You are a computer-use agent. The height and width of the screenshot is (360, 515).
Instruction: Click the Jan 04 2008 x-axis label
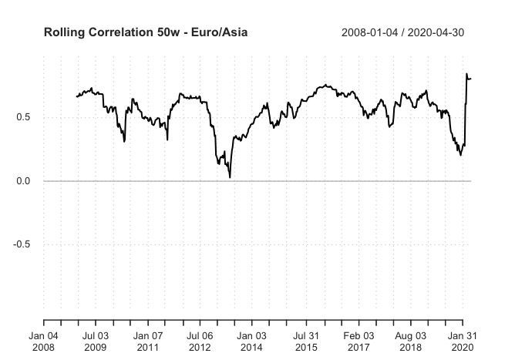point(43,343)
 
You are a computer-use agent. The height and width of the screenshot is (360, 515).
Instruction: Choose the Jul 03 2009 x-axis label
point(96,343)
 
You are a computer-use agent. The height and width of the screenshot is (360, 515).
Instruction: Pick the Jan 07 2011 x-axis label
point(148,343)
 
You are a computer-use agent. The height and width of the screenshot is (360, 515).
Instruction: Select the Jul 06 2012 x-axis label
point(200,343)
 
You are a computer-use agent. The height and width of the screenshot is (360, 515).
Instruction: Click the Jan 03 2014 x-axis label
point(252,343)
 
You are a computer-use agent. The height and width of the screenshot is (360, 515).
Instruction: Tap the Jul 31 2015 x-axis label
point(306,343)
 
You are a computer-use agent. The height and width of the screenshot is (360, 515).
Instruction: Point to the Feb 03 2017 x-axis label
point(358,343)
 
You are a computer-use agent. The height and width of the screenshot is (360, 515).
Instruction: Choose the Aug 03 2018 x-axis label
point(411,343)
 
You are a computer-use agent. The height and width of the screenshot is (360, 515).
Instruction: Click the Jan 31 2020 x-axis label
point(462,343)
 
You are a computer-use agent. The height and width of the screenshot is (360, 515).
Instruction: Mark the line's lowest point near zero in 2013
point(230,178)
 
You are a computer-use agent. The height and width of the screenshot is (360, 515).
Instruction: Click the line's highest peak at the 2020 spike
point(466,74)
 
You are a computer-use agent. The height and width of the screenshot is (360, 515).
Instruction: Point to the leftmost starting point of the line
point(76,96)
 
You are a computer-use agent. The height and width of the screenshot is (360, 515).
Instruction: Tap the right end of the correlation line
point(471,78)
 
